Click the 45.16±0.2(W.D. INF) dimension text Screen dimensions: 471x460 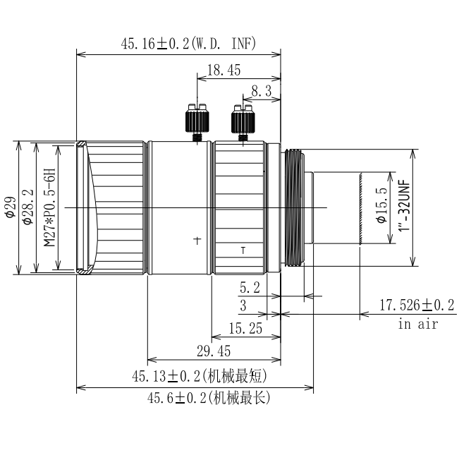[188, 43]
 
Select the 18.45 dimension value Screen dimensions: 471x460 [224, 70]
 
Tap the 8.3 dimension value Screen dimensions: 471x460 [262, 91]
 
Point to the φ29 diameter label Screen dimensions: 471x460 [10, 207]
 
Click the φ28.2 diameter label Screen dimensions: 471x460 [28, 207]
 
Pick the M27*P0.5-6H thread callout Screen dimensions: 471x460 [50, 207]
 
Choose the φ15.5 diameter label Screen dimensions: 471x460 [381, 205]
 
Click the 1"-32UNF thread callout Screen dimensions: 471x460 [404, 205]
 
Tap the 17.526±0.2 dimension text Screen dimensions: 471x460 [417, 305]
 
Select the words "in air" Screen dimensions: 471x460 [418, 324]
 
